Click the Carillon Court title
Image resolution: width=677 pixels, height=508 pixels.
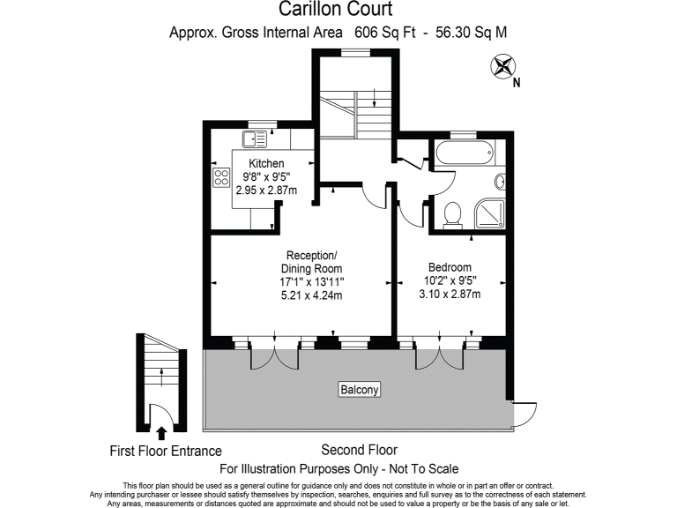338,10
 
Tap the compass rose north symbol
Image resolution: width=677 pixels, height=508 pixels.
505,65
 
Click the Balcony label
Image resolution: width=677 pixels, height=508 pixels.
360,389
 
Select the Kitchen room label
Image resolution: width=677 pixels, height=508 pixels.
266,164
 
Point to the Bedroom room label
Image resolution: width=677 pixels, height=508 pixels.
450,268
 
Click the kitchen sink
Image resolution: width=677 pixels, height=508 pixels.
256,138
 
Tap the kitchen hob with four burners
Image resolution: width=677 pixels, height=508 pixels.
219,178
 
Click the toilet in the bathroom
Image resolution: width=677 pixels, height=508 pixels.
454,213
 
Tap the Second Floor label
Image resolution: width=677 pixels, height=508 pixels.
359,449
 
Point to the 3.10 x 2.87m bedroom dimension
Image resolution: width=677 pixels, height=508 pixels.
450,295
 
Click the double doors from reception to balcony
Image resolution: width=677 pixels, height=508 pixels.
277,355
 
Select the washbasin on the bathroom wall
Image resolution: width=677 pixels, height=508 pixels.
499,183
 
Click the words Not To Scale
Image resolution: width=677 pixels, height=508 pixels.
421,468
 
